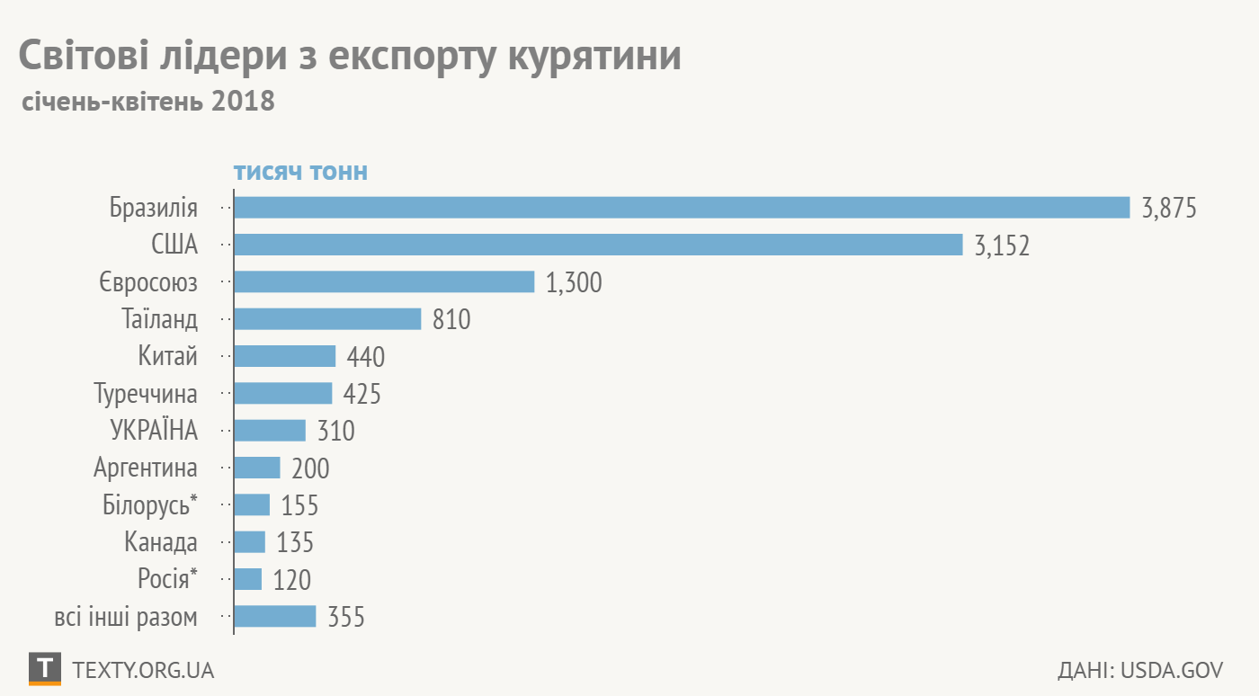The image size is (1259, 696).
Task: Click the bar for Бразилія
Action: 682,208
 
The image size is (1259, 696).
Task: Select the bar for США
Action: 598,245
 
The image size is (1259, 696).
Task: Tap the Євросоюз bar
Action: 384,282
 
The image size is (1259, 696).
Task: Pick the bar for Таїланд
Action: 327,319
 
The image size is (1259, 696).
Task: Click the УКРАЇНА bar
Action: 270,431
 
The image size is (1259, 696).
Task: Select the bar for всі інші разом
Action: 275,616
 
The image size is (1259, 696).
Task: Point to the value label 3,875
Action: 1169,209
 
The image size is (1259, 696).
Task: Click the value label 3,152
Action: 1002,245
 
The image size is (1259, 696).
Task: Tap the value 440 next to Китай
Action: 366,357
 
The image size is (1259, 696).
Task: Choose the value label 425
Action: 362,394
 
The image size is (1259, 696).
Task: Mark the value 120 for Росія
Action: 292,580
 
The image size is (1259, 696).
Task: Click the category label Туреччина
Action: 146,394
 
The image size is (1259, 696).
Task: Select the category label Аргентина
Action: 146,468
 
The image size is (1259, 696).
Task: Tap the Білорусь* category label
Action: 150,504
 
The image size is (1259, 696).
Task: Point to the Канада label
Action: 161,542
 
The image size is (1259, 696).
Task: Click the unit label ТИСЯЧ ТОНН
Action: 300,173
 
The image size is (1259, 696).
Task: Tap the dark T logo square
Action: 45,669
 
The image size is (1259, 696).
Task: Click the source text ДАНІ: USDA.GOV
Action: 1140,671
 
